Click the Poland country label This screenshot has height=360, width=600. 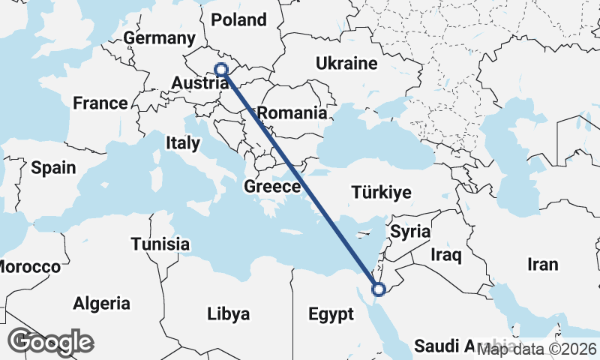click(x=239, y=19)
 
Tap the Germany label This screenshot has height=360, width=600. click(x=159, y=38)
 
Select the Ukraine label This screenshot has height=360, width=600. click(x=346, y=63)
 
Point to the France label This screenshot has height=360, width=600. click(x=100, y=103)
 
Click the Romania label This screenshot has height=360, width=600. click(x=292, y=114)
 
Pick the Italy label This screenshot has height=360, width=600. click(x=183, y=142)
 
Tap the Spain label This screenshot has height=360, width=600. click(x=53, y=167)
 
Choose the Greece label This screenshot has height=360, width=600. click(x=272, y=187)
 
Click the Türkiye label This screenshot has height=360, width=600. click(x=381, y=193)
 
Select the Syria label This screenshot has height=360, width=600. click(x=410, y=231)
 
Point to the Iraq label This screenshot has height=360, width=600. click(x=445, y=256)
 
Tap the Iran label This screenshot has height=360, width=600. click(x=542, y=264)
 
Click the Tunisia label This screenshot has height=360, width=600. click(x=160, y=244)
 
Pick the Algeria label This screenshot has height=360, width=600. click(x=101, y=304)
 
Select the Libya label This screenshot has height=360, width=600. click(x=228, y=314)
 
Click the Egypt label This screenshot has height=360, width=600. click(x=330, y=314)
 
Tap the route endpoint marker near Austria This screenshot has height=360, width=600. click(x=221, y=70)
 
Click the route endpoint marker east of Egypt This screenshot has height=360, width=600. click(x=379, y=289)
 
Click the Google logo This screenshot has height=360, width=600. click(x=50, y=341)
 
